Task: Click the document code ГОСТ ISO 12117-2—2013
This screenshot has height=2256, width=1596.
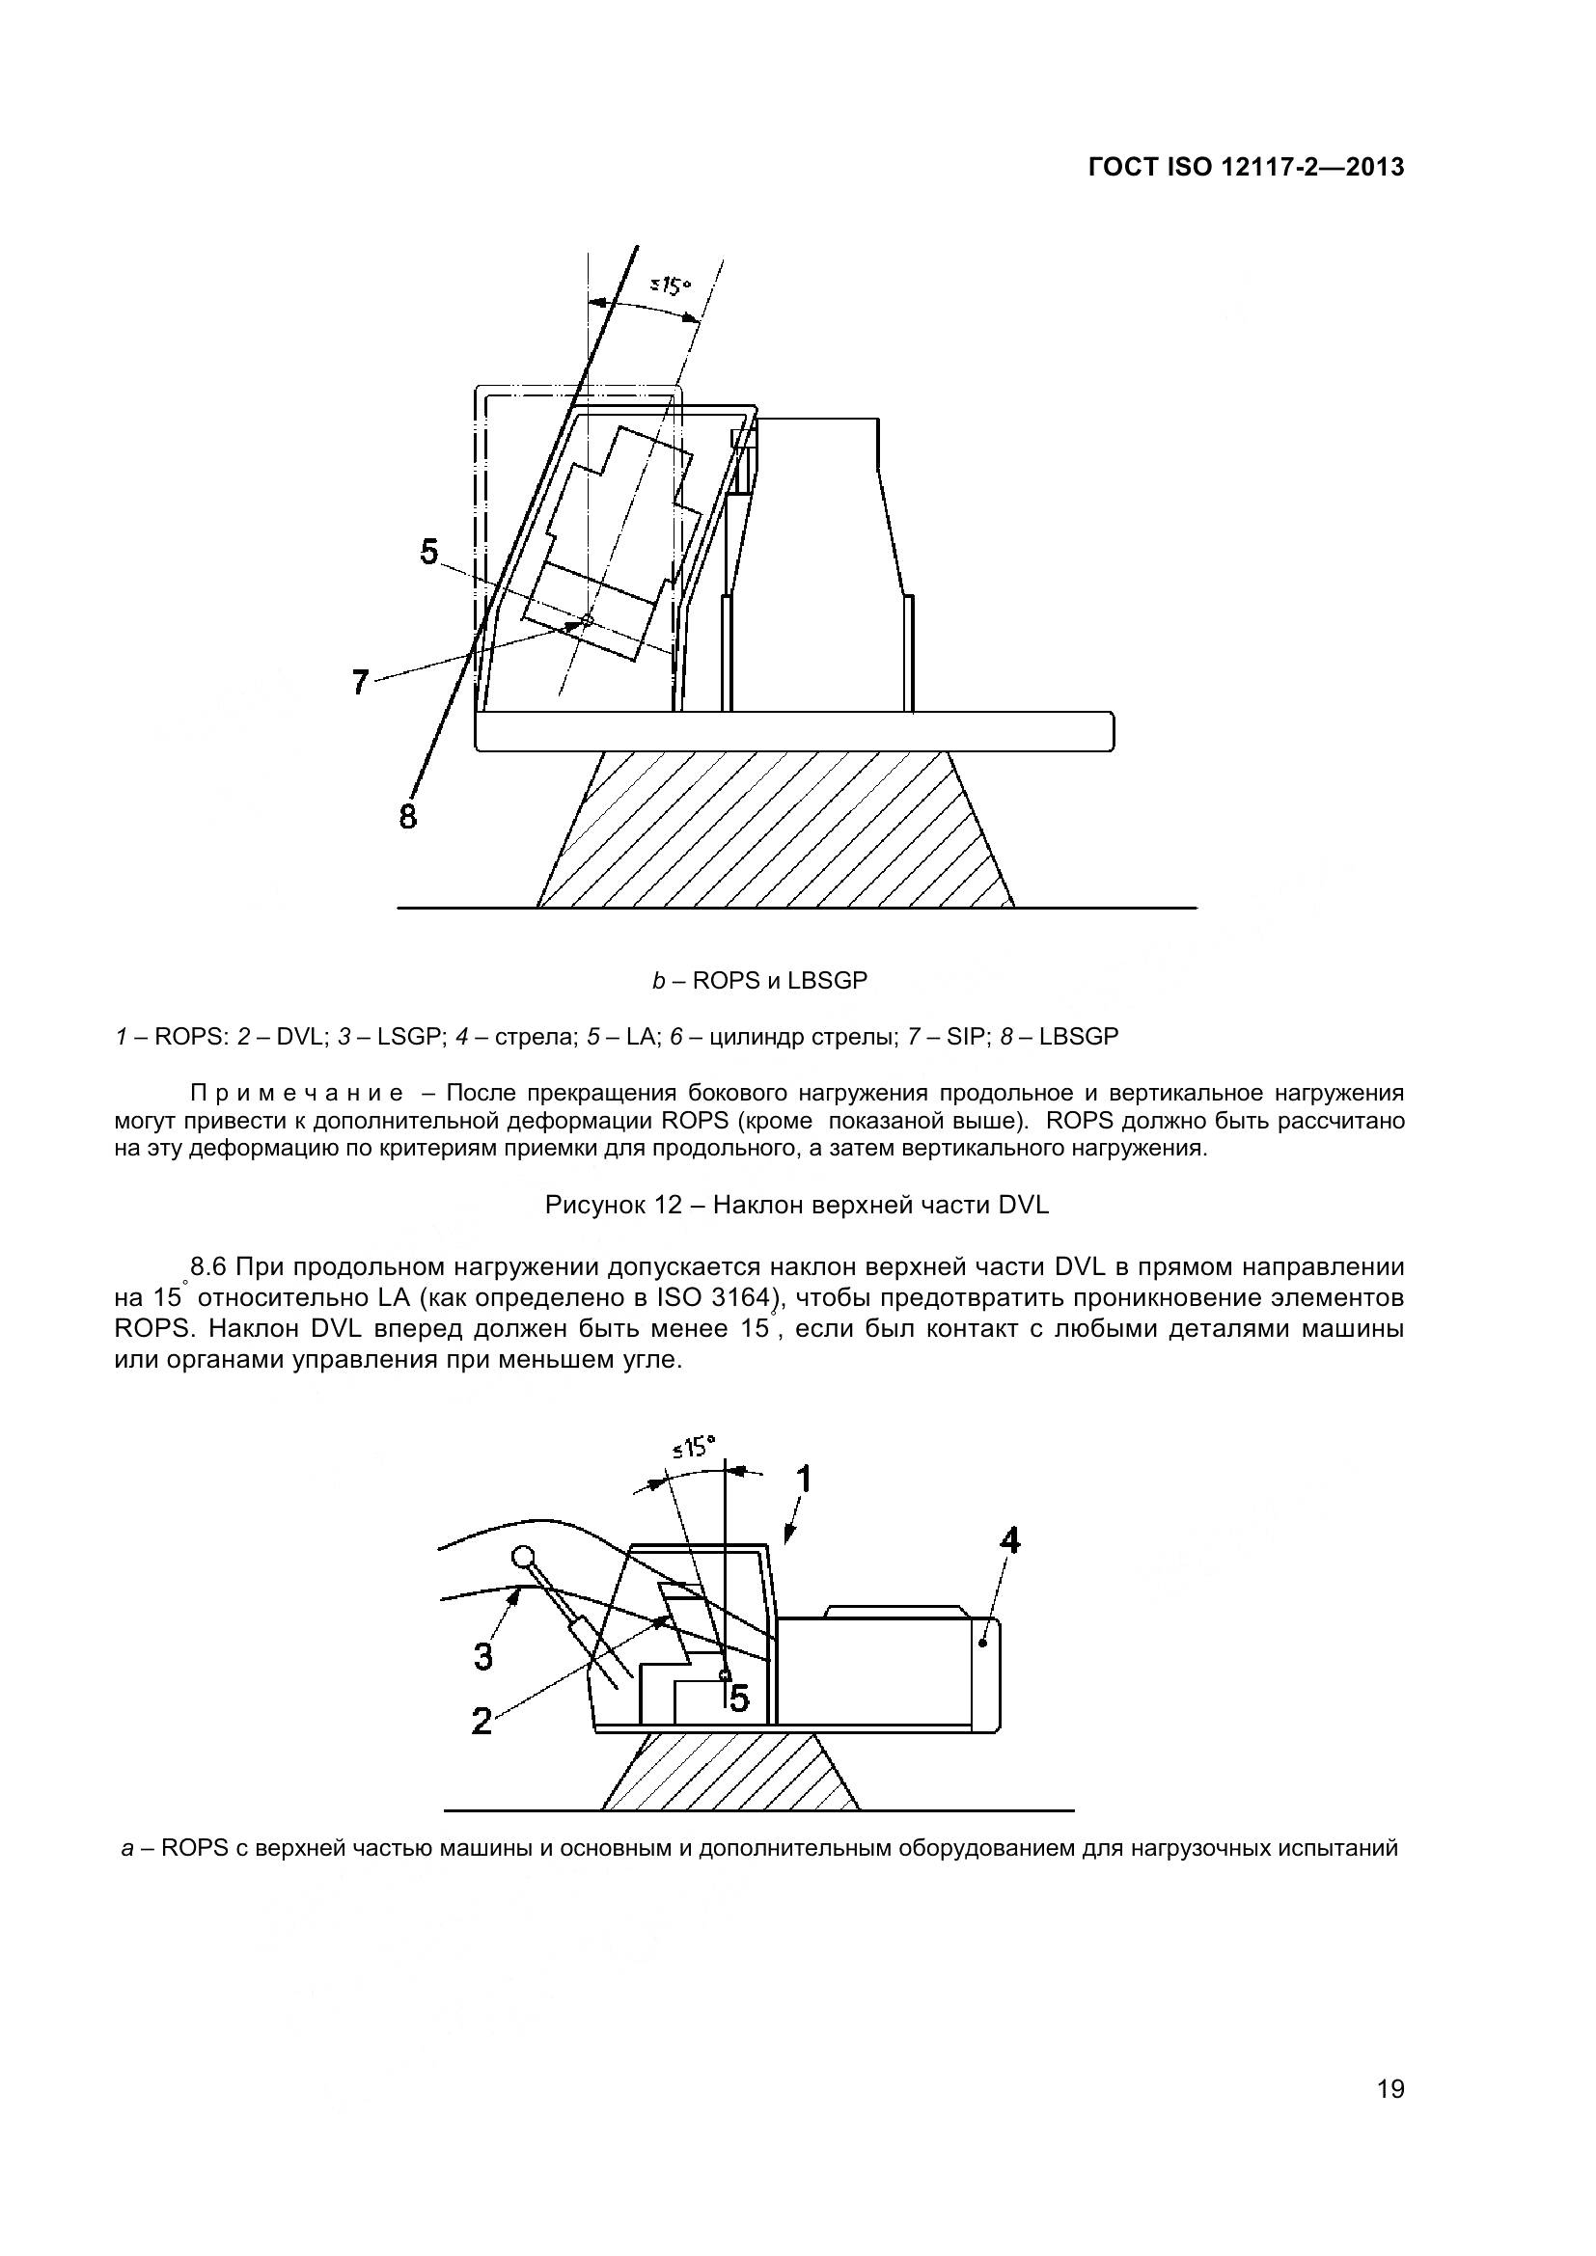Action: pos(1246,168)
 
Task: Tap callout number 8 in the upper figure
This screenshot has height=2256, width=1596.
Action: pos(408,816)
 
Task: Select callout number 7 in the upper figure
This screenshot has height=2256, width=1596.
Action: pos(361,681)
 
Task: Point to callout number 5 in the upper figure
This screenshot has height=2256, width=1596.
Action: pos(429,552)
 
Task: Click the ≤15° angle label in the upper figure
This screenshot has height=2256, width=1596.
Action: pos(672,285)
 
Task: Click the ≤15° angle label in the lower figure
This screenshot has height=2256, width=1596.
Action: pos(695,1448)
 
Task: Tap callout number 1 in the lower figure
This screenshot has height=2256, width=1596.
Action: pos(803,1479)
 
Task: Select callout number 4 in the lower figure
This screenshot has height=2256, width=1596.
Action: pos(1008,1540)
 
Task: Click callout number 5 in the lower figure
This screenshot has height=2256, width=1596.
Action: pos(739,1697)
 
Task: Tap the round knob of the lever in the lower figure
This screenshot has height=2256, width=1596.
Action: pos(524,1557)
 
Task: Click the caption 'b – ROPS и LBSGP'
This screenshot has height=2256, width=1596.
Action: pos(759,981)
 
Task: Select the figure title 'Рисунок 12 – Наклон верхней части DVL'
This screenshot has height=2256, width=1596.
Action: pos(797,1205)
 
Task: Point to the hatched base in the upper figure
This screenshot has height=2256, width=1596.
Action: pos(777,830)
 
